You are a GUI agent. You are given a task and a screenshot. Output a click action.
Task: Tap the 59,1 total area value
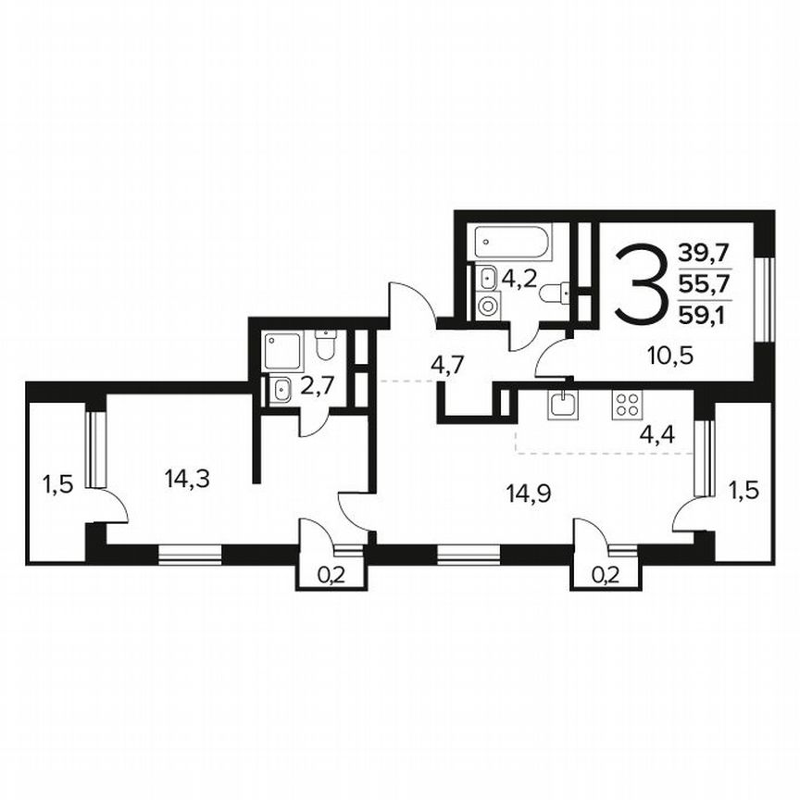704,315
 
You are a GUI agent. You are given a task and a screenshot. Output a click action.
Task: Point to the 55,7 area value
704,283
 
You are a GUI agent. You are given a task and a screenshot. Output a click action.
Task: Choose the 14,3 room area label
184,479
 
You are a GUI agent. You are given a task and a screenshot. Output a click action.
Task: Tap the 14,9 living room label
529,493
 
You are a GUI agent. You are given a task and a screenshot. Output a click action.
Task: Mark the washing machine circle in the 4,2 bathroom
487,304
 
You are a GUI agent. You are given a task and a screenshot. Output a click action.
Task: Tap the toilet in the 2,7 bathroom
324,345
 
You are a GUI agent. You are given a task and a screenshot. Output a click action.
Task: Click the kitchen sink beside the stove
562,405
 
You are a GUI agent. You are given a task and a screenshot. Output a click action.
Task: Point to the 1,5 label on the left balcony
56,482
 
